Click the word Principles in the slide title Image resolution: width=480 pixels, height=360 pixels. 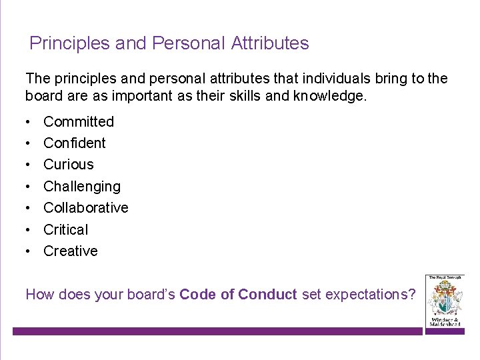70,44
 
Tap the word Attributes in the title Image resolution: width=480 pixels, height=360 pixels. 270,44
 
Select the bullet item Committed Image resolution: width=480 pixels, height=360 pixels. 79,121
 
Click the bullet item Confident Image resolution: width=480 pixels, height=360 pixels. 75,143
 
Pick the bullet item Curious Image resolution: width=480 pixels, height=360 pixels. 69,164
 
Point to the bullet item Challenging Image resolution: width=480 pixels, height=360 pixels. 82,186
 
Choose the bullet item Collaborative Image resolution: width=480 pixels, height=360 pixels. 86,207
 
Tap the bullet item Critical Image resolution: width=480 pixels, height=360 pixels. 66,229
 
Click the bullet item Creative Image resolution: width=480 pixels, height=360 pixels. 71,251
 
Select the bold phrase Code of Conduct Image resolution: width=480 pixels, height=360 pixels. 239,294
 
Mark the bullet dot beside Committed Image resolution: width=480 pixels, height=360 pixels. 28,122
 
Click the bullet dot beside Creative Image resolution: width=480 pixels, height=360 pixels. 28,251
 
